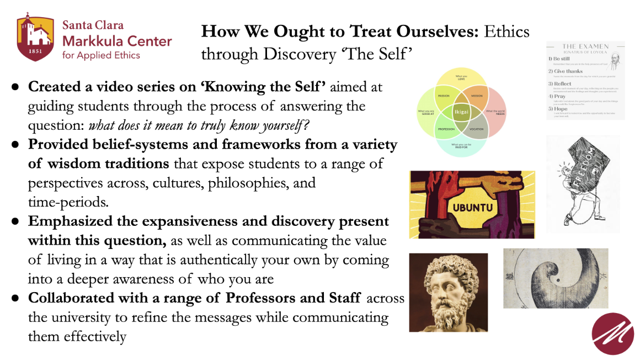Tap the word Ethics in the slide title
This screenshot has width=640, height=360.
click(x=507, y=32)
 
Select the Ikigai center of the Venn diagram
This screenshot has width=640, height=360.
click(x=461, y=112)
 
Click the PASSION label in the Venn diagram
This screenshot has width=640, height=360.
click(x=443, y=96)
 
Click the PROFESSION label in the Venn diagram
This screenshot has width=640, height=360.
click(x=446, y=129)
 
